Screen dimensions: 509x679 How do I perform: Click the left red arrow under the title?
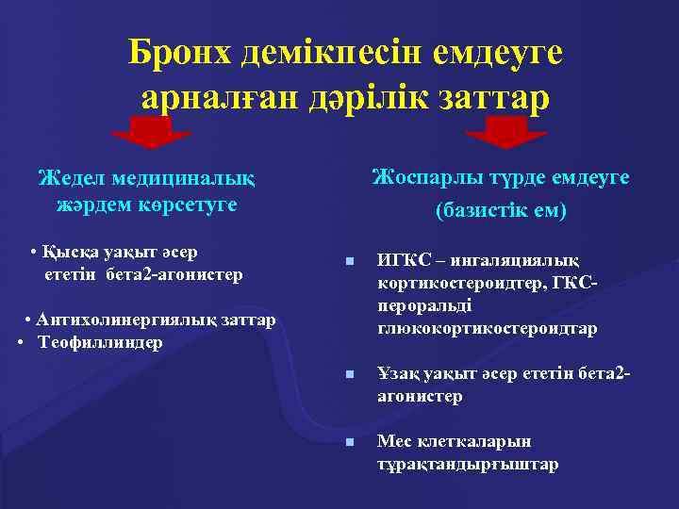151,132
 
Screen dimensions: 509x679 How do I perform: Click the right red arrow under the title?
506,132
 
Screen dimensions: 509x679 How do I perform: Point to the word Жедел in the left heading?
71,178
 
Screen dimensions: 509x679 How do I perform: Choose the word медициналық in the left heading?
179,178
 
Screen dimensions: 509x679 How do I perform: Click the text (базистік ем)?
501,210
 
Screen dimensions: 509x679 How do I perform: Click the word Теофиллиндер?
100,340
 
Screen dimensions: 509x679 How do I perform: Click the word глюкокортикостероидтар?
487,328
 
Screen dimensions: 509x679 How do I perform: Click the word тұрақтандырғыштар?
468,465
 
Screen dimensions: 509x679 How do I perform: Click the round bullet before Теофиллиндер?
21,340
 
